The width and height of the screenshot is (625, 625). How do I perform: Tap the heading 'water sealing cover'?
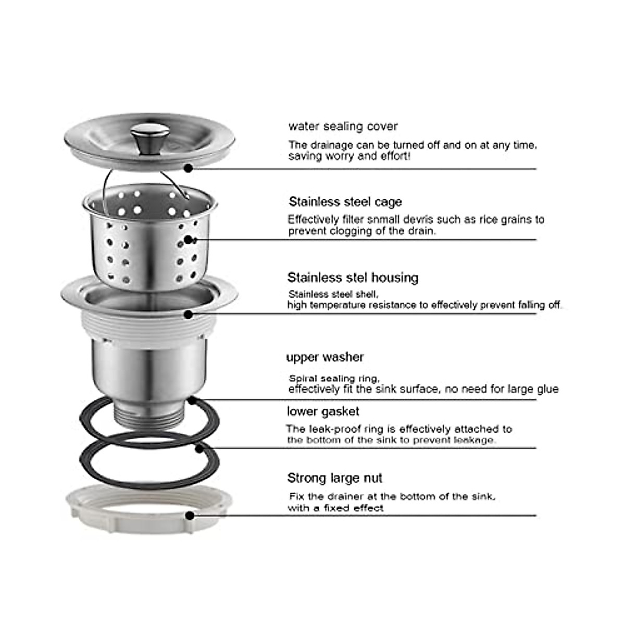click(x=343, y=127)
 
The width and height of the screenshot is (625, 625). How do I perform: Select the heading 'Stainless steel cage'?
click(x=345, y=202)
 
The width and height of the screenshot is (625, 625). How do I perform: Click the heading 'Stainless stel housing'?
click(x=353, y=278)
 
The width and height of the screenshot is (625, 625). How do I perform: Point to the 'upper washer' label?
click(x=324, y=357)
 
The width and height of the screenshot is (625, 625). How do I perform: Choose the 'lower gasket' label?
click(x=323, y=412)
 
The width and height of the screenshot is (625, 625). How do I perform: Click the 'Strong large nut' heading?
click(x=334, y=478)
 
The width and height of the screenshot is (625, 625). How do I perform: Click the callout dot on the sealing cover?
click(x=189, y=168)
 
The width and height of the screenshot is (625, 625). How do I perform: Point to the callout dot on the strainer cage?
click(x=189, y=240)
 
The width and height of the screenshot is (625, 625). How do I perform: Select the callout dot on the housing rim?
click(x=189, y=314)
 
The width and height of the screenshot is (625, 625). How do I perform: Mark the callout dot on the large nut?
click(x=190, y=516)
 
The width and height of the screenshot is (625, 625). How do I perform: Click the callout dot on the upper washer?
click(x=192, y=400)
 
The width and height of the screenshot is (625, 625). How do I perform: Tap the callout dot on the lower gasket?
click(x=198, y=447)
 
